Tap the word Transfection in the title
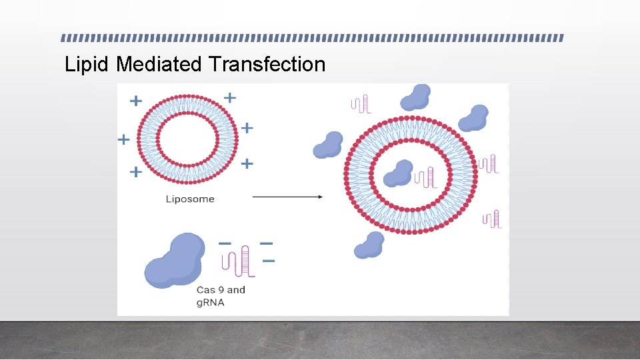click(267, 65)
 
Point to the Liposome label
click(190, 199)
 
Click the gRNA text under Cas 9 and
click(211, 302)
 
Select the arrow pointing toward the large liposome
click(287, 197)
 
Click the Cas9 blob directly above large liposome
click(415, 97)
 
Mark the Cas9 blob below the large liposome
click(369, 245)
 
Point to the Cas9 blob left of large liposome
click(328, 145)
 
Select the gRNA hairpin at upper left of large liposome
click(361, 104)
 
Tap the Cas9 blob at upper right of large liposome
click(473, 118)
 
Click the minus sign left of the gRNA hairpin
click(225, 243)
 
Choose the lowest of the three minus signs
click(269, 261)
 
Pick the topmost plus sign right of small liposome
click(230, 97)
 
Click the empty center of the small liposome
click(187, 139)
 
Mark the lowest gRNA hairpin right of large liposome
click(493, 219)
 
